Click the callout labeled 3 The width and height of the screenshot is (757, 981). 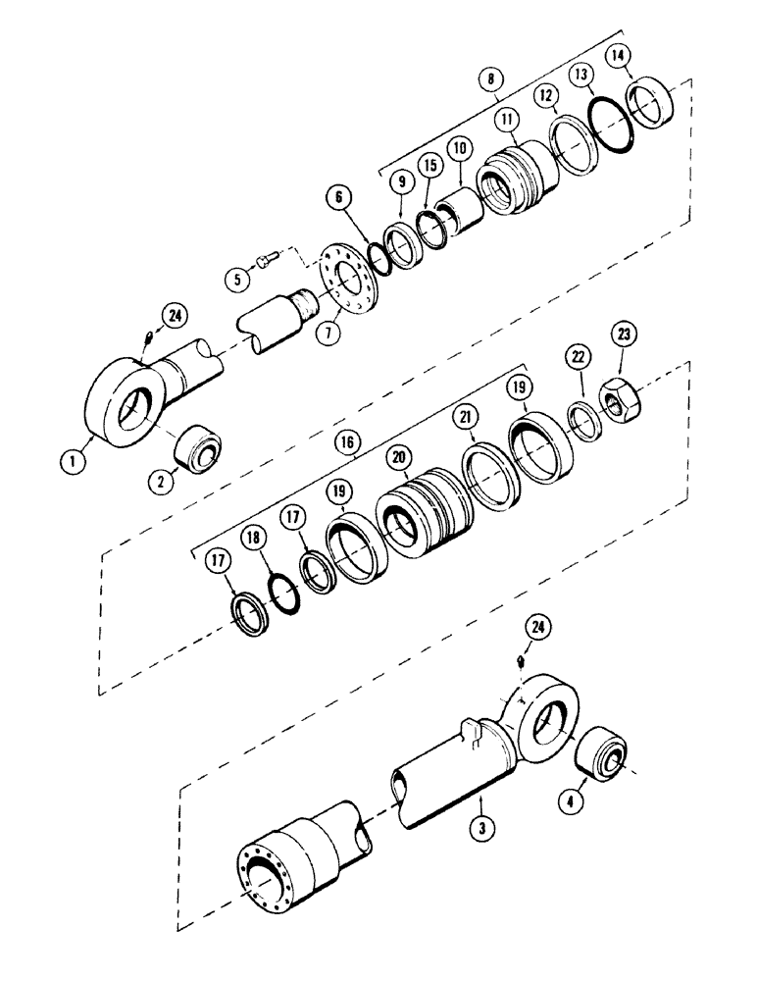pyautogui.click(x=480, y=829)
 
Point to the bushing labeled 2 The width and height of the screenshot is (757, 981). pyautogui.click(x=196, y=452)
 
